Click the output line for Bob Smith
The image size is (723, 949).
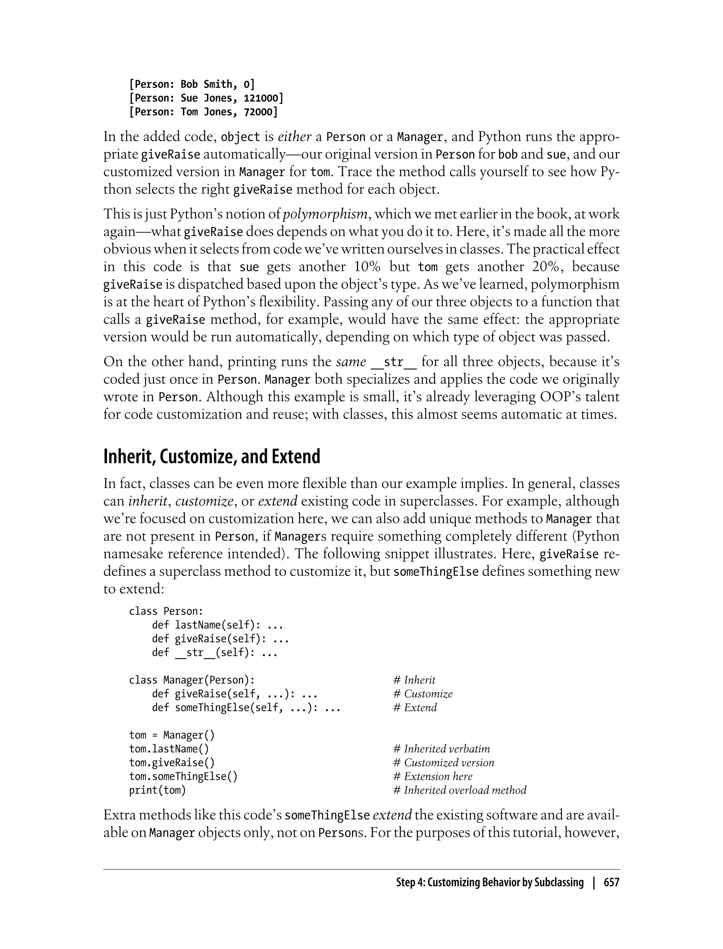tap(191, 84)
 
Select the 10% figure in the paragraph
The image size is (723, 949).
tap(367, 267)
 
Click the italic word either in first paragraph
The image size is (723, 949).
tap(295, 137)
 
